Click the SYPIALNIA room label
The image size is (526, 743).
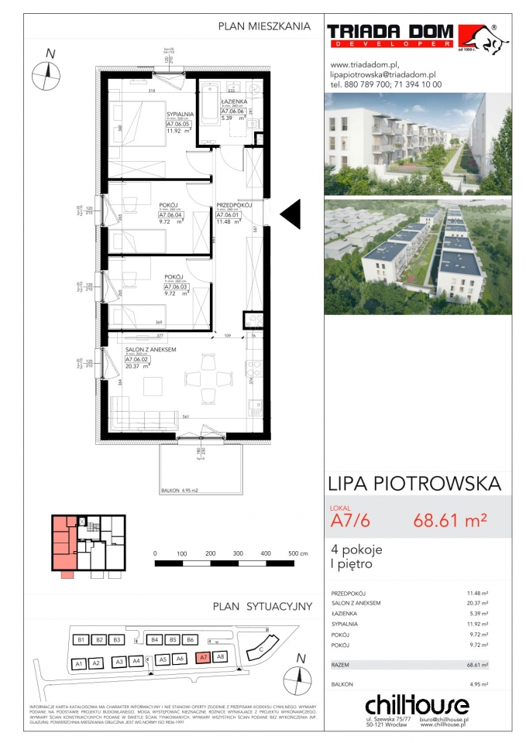(180, 115)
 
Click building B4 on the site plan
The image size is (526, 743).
(155, 640)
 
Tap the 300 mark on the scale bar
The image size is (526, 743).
(238, 554)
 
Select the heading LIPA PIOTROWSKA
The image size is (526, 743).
(414, 484)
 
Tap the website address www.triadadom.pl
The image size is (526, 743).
(364, 64)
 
